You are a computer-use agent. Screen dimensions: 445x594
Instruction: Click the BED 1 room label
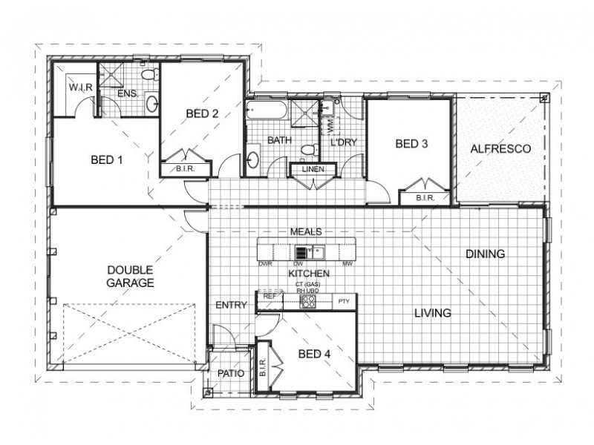point(107,160)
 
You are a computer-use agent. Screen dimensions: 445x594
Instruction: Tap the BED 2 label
point(202,113)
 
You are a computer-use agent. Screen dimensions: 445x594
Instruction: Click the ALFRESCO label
point(500,149)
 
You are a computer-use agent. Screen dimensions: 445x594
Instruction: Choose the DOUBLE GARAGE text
point(129,276)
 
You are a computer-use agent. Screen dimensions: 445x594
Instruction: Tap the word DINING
point(486,254)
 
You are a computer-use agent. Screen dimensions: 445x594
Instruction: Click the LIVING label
point(433,313)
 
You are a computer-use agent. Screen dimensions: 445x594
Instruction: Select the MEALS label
point(307,231)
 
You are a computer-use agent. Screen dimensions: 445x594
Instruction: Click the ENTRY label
point(232,305)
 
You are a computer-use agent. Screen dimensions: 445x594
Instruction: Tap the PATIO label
point(230,373)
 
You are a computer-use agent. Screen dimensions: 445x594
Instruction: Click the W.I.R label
point(80,88)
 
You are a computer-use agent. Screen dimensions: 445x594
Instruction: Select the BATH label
point(279,139)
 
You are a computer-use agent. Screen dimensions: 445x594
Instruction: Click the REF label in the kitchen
point(269,296)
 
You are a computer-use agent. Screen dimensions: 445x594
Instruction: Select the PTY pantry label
point(343,301)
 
